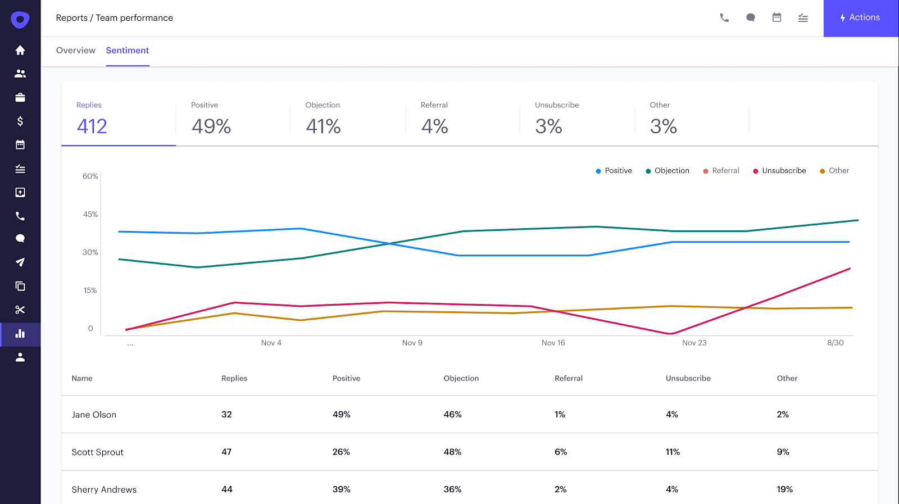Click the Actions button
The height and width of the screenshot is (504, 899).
tap(860, 18)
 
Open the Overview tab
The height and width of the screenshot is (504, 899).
tap(76, 51)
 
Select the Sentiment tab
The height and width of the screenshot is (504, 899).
tap(128, 51)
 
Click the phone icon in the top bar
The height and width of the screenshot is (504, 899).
tap(724, 18)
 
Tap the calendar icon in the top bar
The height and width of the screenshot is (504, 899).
tap(777, 18)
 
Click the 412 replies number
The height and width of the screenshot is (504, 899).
tap(92, 126)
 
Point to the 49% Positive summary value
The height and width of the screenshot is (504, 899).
tap(211, 126)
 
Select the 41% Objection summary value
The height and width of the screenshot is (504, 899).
tap(323, 126)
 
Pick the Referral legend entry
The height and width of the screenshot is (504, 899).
tap(721, 171)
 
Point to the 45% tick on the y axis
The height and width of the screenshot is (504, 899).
tap(90, 214)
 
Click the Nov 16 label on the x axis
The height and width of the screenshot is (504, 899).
tap(553, 343)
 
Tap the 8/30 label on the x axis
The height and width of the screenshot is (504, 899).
tap(835, 343)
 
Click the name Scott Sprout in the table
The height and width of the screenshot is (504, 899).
tap(98, 452)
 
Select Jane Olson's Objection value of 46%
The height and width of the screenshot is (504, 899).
tap(452, 415)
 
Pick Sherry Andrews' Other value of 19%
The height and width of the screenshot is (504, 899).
tap(784, 489)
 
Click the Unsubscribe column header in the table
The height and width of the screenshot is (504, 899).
tap(688, 379)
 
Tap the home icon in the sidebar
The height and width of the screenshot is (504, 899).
tap(20, 51)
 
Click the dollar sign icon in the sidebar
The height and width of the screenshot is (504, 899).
tap(20, 121)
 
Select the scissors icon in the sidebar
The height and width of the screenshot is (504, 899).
tap(20, 310)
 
